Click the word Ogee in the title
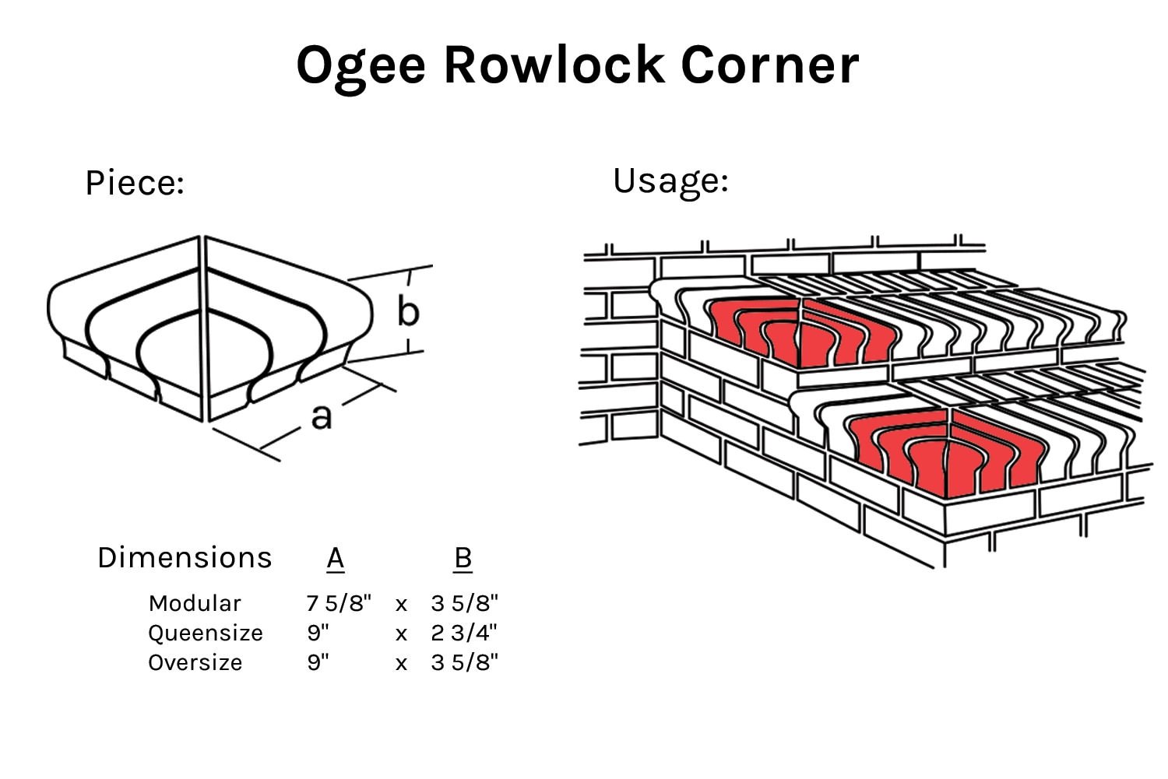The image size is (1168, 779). tap(361, 65)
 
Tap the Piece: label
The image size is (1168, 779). tap(135, 184)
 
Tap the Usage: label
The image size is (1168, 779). tap(670, 181)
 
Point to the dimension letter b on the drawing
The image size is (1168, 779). tap(408, 311)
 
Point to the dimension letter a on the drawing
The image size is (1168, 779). tap(321, 416)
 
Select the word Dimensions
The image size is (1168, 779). tap(185, 558)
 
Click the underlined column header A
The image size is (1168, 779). tap(336, 558)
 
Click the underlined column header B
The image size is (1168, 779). tap(463, 558)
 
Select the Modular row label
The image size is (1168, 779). tap(195, 603)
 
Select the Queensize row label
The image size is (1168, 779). tap(206, 633)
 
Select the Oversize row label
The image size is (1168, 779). tap(195, 662)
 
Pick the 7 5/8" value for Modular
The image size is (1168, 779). tap(339, 603)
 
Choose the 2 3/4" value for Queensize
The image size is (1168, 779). tap(464, 633)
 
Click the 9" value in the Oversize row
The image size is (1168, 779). tap(318, 662)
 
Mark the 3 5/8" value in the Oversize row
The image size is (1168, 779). tap(464, 662)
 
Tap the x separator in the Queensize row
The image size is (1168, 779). tap(401, 634)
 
